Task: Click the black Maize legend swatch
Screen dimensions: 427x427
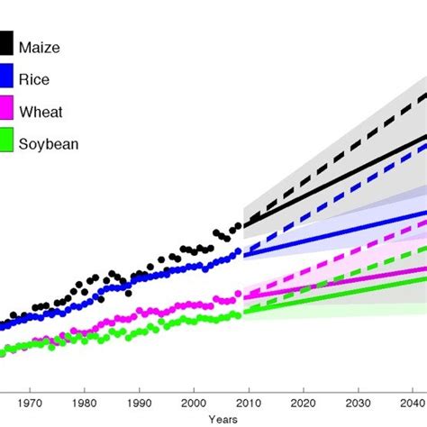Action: point(6,43)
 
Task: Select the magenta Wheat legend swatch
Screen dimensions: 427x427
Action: point(6,109)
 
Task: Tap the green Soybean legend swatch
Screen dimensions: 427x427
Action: point(6,141)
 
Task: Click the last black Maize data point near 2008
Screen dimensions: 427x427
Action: point(239,226)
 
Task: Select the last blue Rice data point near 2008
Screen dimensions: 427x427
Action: point(239,251)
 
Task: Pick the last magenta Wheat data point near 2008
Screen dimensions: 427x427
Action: point(239,294)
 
